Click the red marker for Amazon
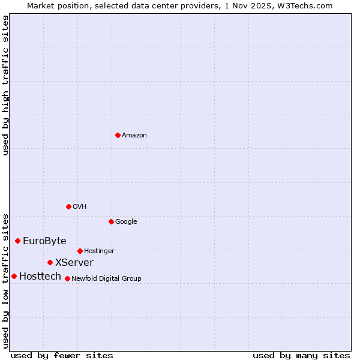click(x=118, y=135)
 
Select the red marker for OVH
click(x=68, y=206)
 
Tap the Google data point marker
click(x=111, y=221)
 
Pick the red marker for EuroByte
click(x=18, y=241)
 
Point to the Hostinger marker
click(x=80, y=251)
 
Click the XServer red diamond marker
click(x=50, y=262)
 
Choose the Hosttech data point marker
click(x=14, y=276)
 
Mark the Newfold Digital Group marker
click(x=67, y=278)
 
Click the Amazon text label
click(x=134, y=136)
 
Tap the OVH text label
click(x=80, y=207)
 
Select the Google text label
click(x=126, y=222)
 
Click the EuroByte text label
click(x=44, y=241)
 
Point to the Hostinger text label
click(x=99, y=251)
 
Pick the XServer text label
click(x=74, y=263)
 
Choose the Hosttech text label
click(x=40, y=277)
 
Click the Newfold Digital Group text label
click(x=106, y=279)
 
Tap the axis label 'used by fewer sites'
click(x=62, y=355)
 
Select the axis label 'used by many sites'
click(x=301, y=355)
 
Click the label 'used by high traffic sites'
click(x=5, y=85)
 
